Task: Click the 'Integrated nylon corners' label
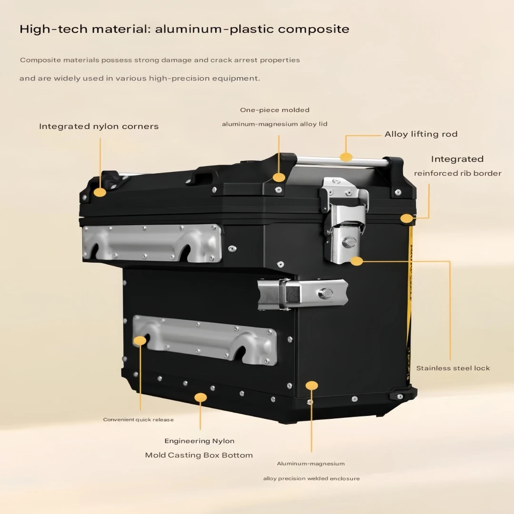click(x=99, y=127)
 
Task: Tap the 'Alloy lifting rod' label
click(x=421, y=134)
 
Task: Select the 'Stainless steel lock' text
click(x=453, y=368)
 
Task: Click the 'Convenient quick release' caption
click(x=138, y=420)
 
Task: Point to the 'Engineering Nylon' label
click(x=199, y=441)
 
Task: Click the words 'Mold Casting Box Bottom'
click(x=199, y=455)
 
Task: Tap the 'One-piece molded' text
click(x=275, y=110)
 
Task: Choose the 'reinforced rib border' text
click(x=458, y=173)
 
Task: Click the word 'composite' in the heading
click(x=314, y=29)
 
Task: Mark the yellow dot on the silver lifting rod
click(x=346, y=157)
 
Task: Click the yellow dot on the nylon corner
click(x=100, y=192)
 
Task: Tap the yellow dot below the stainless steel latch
click(x=356, y=261)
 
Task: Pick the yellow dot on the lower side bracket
click(x=140, y=341)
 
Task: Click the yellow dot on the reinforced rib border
click(x=406, y=218)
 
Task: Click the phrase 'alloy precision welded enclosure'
click(x=311, y=479)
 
